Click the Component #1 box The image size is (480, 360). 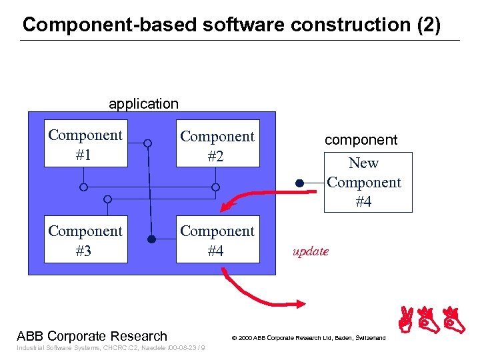pos(85,144)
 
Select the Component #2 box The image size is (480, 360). pos(217,145)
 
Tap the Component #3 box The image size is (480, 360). pos(85,240)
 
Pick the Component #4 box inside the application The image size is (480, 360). pos(217,240)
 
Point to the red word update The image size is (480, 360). pos(311,251)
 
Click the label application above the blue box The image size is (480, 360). pos(143,104)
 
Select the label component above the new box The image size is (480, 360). pos(361,140)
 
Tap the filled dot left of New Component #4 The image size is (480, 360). pos(300,182)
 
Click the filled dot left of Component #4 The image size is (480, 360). pos(151,239)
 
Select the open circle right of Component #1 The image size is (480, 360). pos(147,143)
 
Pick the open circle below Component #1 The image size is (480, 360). pos(83,187)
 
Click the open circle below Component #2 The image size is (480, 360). pos(215,187)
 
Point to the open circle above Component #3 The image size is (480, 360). pos(108,199)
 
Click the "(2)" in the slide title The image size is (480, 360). pos(428,25)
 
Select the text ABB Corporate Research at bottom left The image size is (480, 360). pos(92,336)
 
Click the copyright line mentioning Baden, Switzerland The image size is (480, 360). pos(308,338)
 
